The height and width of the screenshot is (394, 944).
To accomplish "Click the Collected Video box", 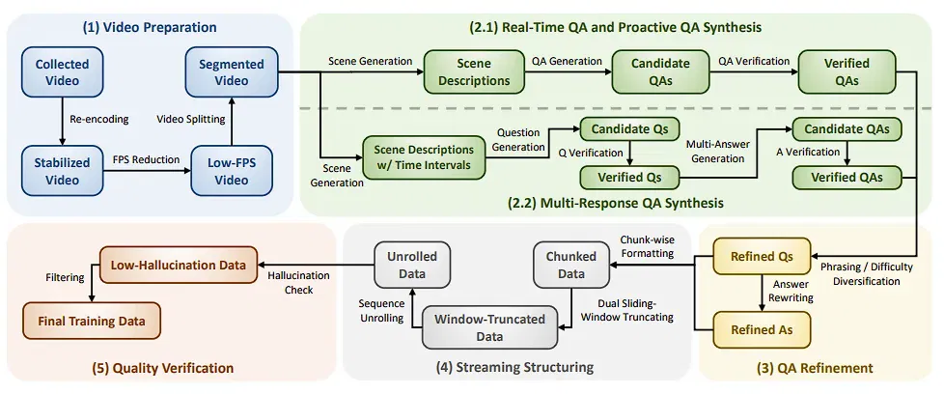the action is [62, 72].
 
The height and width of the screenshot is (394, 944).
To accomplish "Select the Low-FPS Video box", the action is [232, 171].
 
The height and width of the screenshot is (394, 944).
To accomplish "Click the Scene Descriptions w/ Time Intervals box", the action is [423, 156].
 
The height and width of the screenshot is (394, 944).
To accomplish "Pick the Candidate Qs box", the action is [629, 129].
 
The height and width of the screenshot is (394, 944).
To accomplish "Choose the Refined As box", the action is [762, 329].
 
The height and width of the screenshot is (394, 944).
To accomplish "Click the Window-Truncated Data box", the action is [489, 327].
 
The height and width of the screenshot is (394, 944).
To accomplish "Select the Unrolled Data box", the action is [412, 265].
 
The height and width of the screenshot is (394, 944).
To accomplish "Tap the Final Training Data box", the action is [92, 322].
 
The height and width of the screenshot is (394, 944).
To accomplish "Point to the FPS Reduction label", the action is [147, 159].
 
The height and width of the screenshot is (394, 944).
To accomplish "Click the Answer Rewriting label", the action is [791, 291].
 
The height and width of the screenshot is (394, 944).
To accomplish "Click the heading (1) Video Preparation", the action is [150, 27].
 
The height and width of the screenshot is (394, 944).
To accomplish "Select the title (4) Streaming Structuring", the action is [514, 367].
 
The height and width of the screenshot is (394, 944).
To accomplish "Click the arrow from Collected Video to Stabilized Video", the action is [62, 122].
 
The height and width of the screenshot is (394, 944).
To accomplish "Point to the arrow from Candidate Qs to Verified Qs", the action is [629, 154].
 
